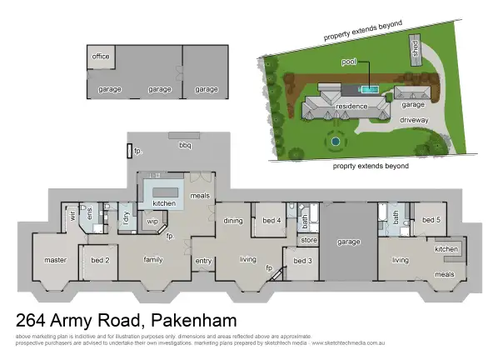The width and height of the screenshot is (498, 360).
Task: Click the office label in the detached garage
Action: click(x=101, y=57)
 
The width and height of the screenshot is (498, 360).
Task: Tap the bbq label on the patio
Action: click(x=185, y=144)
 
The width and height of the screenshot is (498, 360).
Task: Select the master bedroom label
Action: click(x=55, y=260)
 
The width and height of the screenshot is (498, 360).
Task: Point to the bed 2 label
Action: click(x=100, y=260)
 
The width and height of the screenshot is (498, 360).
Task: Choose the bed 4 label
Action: click(x=271, y=221)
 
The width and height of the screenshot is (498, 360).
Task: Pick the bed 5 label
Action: click(x=430, y=220)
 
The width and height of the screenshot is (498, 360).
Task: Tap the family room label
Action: click(x=152, y=260)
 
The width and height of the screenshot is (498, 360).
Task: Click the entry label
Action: click(x=203, y=261)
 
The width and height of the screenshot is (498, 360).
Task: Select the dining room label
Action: click(x=233, y=221)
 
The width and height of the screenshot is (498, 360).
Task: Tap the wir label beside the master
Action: click(x=73, y=215)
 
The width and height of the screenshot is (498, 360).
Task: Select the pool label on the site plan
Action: click(x=349, y=62)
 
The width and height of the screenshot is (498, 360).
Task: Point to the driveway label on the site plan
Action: click(x=414, y=121)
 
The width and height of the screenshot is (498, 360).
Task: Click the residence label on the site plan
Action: click(x=351, y=107)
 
